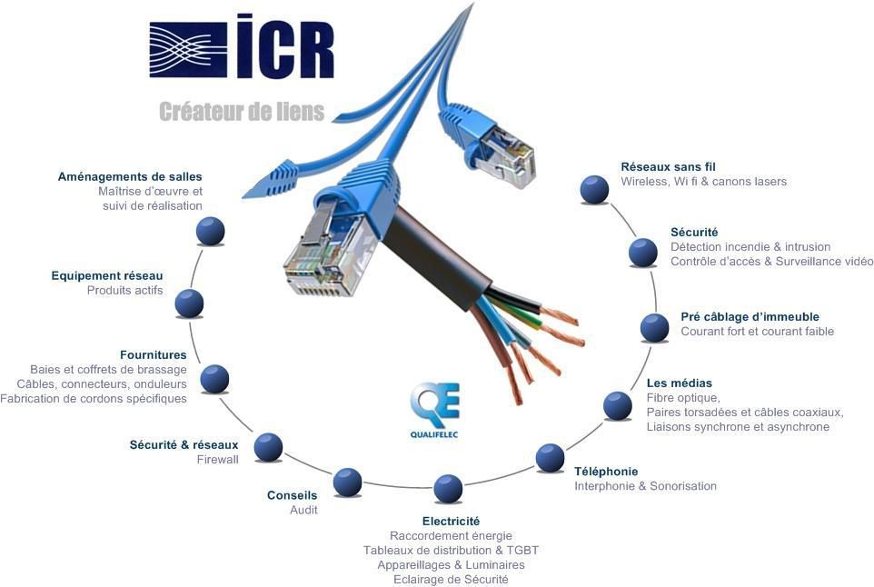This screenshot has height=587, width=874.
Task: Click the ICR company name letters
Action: click(285, 46)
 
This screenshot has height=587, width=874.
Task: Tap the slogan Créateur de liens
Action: click(242, 112)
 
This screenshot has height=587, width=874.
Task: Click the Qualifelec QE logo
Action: click(434, 410)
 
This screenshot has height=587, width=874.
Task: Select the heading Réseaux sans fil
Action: click(668, 166)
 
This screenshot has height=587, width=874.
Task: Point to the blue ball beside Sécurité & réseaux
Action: click(268, 447)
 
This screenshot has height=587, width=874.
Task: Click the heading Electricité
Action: click(451, 522)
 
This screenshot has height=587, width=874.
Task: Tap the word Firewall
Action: click(217, 460)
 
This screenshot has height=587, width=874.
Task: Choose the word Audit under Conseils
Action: click(303, 510)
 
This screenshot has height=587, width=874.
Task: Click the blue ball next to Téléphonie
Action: click(551, 458)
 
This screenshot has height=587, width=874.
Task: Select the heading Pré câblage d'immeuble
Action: click(750, 316)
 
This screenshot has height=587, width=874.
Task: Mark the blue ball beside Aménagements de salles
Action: click(211, 231)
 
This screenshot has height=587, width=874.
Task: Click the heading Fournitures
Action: click(154, 355)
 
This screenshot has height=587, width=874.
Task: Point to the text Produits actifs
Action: click(124, 291)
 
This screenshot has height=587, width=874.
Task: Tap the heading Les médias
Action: click(680, 383)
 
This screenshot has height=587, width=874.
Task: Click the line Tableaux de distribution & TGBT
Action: click(451, 551)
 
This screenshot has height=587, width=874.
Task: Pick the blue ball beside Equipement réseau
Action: click(189, 303)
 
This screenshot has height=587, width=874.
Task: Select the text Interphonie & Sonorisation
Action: click(645, 486)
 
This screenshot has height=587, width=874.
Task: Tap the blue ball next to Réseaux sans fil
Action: click(594, 190)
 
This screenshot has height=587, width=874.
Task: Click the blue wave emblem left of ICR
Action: click(188, 50)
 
